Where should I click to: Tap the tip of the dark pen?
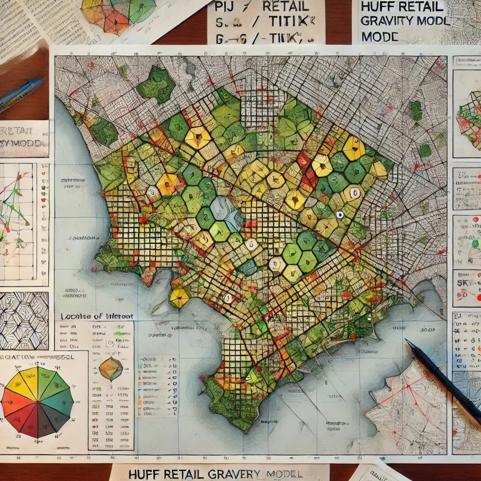point(407,341)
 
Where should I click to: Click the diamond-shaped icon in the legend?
point(111,369)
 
